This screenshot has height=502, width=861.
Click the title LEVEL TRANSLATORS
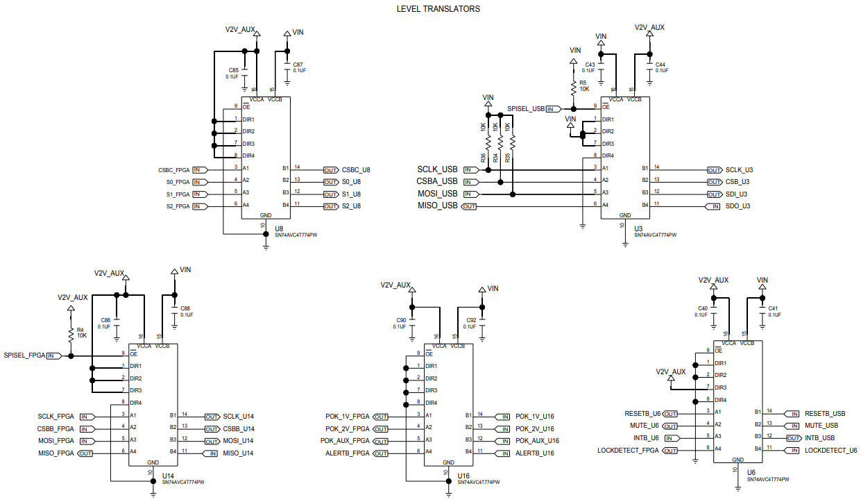[438, 9]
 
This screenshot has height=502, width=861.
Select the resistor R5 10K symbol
[573, 87]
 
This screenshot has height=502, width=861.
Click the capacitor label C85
[233, 71]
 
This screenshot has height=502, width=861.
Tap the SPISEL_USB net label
[526, 109]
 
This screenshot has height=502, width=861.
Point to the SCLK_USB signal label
[437, 169]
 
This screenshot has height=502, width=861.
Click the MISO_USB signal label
[437, 206]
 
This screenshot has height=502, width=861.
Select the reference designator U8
[279, 228]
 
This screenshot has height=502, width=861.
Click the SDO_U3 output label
[738, 206]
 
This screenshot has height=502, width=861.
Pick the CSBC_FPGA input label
[174, 169]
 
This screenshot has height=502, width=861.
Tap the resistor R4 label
[80, 330]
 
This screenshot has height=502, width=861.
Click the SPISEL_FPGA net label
[24, 355]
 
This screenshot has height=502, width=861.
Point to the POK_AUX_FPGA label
[345, 441]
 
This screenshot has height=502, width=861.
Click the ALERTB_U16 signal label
[535, 453]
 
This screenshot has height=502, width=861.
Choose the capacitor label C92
[471, 320]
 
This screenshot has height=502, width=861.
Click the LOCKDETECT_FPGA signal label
[628, 451]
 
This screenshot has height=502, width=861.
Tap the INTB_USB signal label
[819, 438]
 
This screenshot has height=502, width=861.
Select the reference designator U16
[463, 476]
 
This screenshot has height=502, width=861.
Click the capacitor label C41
[773, 308]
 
